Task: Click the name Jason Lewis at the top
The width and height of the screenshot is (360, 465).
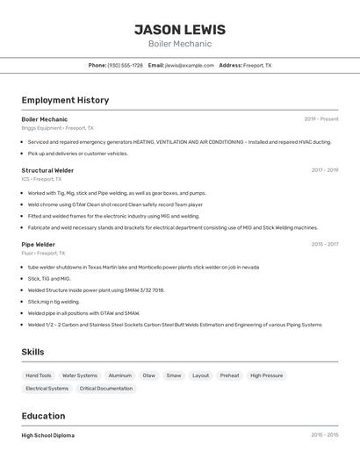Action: (x=180, y=30)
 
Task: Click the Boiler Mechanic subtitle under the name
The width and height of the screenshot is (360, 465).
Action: (x=180, y=44)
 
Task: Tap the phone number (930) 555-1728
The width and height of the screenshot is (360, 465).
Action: (x=125, y=65)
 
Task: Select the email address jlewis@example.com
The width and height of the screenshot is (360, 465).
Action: (x=190, y=65)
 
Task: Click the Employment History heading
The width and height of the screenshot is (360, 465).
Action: (x=65, y=100)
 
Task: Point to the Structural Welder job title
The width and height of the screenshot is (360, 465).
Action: (x=47, y=170)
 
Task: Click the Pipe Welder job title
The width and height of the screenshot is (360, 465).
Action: (x=39, y=245)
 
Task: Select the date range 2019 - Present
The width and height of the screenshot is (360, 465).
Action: (x=321, y=119)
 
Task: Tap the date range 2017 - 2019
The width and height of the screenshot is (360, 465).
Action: (x=324, y=170)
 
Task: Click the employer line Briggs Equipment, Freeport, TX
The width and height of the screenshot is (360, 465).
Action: (x=57, y=128)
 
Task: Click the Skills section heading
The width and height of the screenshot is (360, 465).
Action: (x=33, y=352)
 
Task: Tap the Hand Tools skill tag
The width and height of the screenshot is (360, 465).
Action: (x=39, y=376)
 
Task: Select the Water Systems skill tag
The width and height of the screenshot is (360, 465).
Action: (x=80, y=376)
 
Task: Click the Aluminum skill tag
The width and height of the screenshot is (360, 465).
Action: (x=120, y=376)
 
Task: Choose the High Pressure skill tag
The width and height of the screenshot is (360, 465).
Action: (x=266, y=376)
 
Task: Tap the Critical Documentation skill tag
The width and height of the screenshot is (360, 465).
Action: (x=106, y=388)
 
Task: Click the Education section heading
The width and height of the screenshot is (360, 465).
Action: (x=43, y=416)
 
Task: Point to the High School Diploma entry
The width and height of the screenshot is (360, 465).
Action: (x=47, y=435)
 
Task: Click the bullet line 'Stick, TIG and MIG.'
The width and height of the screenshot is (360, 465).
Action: (x=49, y=278)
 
